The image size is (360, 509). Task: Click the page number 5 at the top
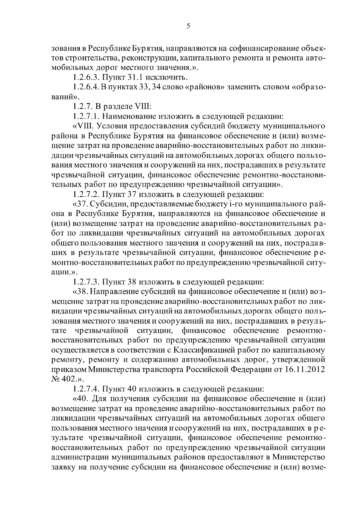point(188,26)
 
